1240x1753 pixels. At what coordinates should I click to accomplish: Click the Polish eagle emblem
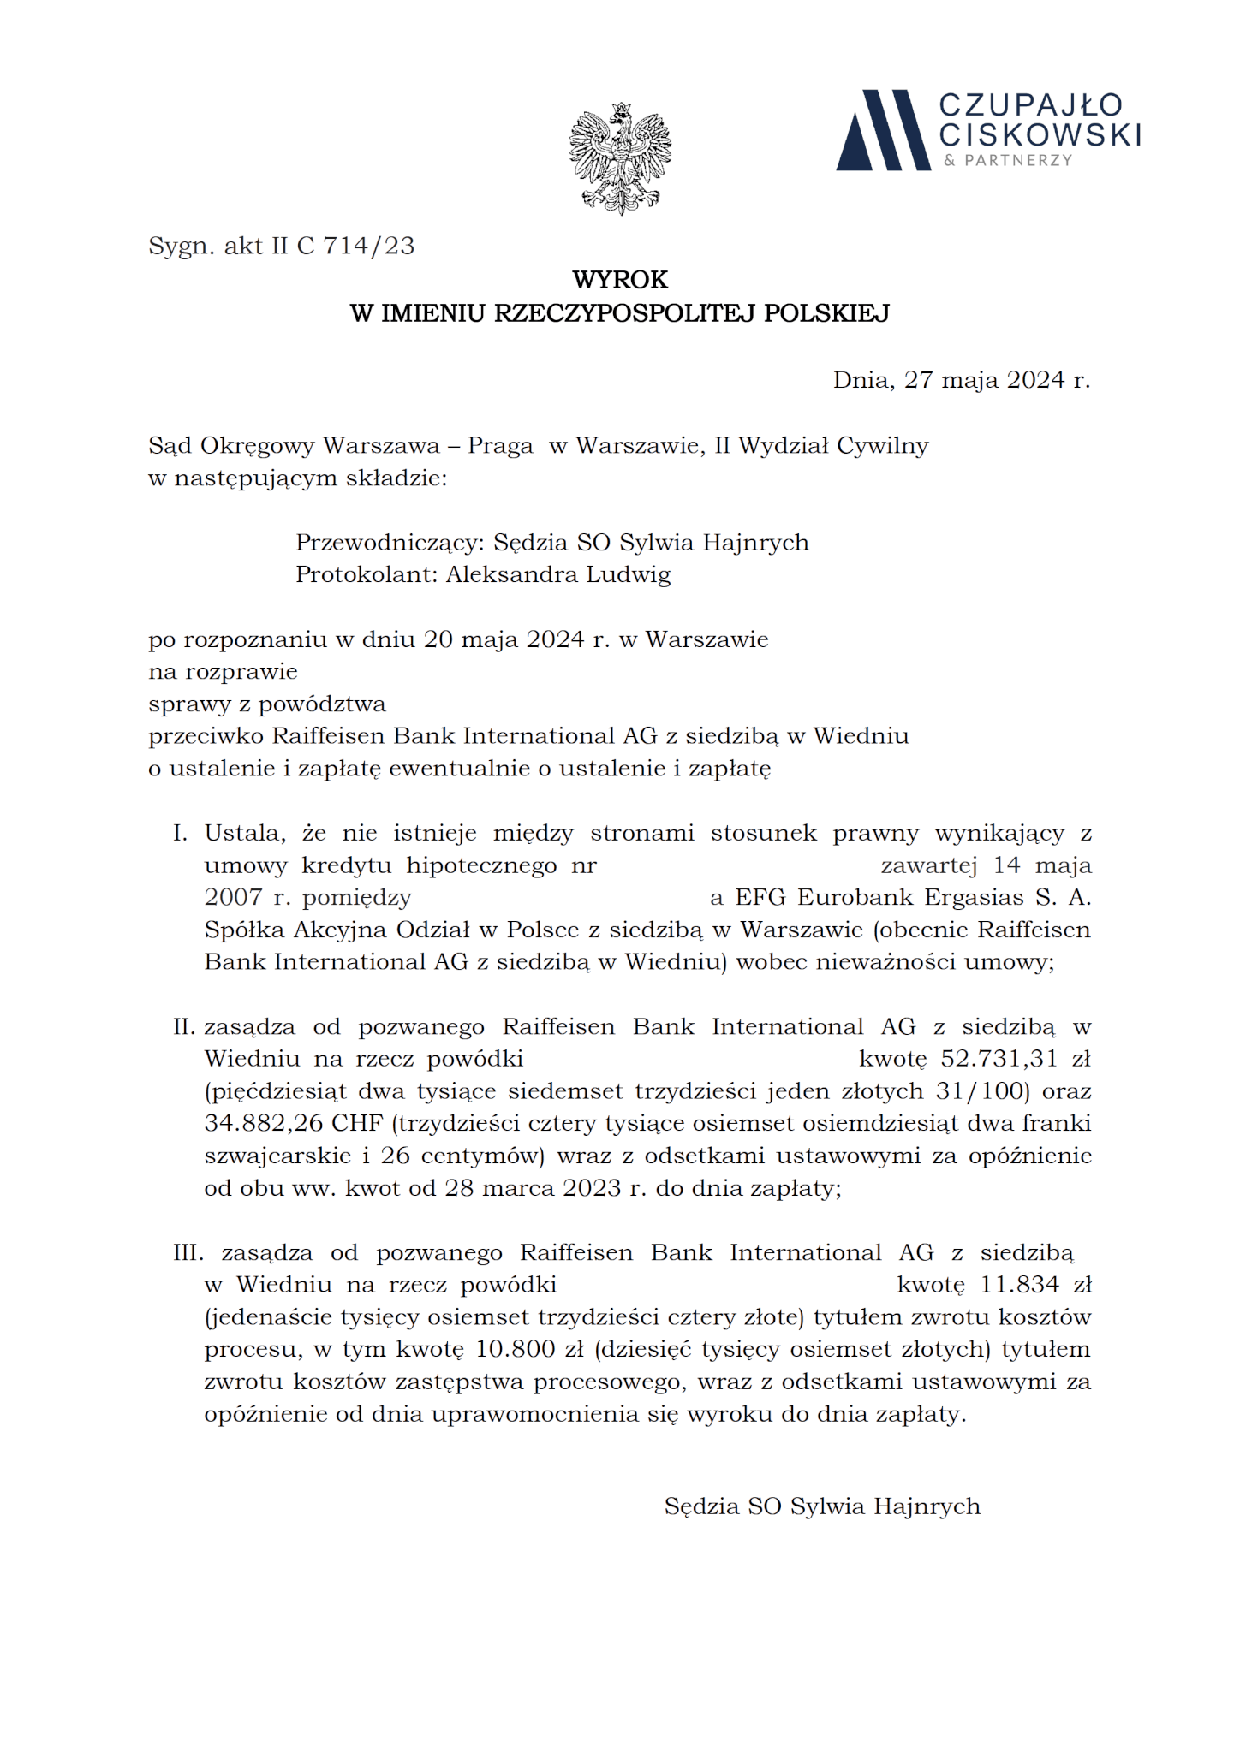(x=620, y=158)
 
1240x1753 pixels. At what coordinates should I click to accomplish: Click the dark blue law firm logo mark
(x=882, y=130)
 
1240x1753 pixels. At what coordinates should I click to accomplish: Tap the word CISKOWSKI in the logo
(x=1040, y=134)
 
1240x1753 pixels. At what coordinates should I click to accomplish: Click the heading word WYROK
(x=620, y=280)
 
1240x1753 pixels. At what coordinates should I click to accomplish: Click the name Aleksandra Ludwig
(x=557, y=575)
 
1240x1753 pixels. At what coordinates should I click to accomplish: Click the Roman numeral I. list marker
(x=180, y=833)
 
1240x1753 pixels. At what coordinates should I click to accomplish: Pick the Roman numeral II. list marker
(x=184, y=1027)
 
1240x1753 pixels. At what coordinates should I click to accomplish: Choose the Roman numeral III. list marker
(x=188, y=1253)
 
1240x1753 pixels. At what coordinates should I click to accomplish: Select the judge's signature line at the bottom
(x=822, y=1506)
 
